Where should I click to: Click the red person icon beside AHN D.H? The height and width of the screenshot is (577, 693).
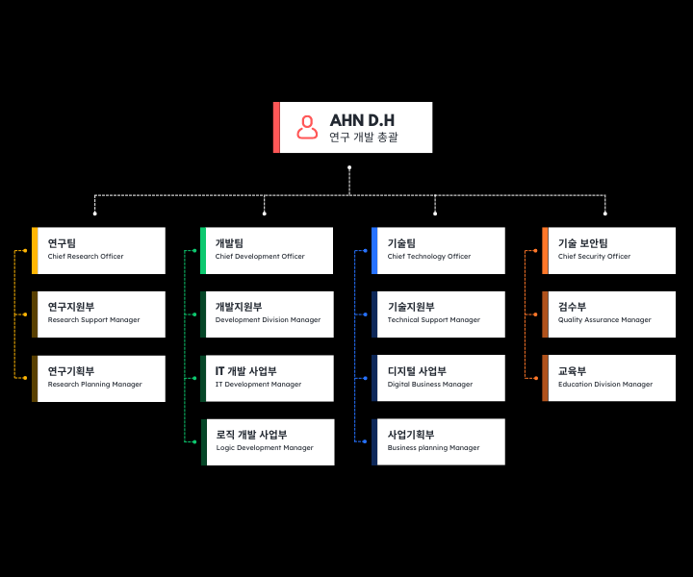point(307,127)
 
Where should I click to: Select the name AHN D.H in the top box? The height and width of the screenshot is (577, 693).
point(362,120)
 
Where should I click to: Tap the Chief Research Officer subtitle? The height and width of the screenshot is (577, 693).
point(86,256)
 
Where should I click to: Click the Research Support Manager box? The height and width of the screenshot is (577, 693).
point(98,314)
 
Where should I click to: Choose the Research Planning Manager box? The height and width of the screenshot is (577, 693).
point(98,378)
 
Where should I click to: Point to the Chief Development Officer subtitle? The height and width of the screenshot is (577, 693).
point(260,256)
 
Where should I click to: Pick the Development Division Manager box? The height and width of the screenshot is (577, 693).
point(267,314)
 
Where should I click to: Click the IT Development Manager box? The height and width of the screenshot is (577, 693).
point(267,378)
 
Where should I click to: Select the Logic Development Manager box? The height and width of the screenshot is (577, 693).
point(268,442)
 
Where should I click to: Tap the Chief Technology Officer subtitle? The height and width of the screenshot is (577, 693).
point(429,256)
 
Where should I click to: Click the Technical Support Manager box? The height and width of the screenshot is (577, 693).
point(439,314)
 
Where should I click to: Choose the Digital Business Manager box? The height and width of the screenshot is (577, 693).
point(439,378)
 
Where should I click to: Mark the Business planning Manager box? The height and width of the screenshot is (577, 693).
point(439,441)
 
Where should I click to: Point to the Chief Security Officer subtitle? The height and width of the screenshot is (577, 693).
point(594,256)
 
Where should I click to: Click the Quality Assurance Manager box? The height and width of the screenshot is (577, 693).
point(609,314)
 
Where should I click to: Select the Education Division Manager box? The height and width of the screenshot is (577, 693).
point(609,378)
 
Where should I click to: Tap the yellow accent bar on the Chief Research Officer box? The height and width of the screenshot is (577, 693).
point(35,250)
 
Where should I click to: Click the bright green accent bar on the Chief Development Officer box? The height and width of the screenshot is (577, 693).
point(203,250)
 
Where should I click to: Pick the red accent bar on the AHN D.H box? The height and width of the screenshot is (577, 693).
point(276,127)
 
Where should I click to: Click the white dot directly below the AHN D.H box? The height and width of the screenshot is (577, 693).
point(349,167)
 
